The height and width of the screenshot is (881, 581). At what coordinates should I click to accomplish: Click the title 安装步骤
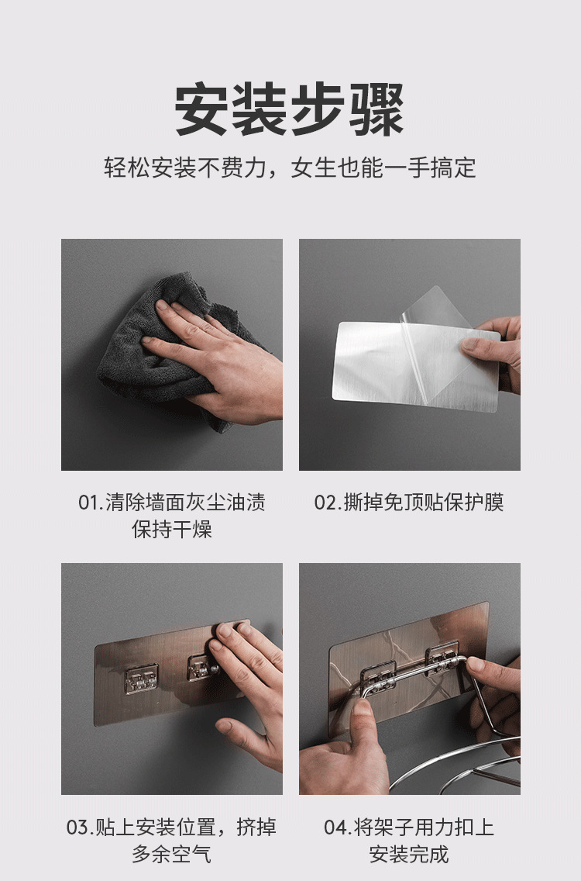tap(290, 110)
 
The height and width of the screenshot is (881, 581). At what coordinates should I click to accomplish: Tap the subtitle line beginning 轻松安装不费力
tap(290, 168)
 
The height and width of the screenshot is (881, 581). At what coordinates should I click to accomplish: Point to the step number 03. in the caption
tap(79, 827)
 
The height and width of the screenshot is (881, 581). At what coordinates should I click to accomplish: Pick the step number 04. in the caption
tap(337, 827)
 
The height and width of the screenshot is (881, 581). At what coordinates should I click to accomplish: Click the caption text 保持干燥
tap(172, 530)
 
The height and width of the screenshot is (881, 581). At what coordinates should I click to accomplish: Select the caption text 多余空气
tap(172, 855)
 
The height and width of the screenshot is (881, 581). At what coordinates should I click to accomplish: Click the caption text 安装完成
tap(409, 855)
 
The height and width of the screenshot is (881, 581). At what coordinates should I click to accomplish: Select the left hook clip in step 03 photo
tap(141, 678)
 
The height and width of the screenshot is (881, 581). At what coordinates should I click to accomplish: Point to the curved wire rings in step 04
tap(465, 768)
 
